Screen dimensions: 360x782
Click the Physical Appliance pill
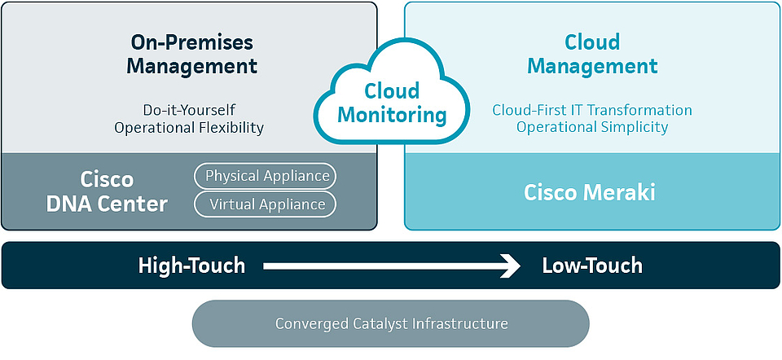(x=265, y=176)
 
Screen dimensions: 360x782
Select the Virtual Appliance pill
(x=265, y=204)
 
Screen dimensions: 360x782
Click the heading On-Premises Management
(x=192, y=54)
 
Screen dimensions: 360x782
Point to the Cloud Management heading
(x=592, y=54)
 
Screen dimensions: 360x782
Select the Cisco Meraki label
(x=590, y=193)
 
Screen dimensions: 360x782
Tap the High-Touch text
(x=191, y=266)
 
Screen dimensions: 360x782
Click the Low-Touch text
(x=592, y=266)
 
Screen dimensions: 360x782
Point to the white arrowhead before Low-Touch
(x=511, y=266)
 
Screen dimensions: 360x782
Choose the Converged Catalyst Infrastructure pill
(x=391, y=323)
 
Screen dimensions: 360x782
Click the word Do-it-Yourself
(x=189, y=110)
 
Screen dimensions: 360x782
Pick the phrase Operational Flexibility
(x=189, y=128)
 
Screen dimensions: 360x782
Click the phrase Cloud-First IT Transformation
(x=592, y=110)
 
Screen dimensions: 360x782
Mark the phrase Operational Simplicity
(x=592, y=128)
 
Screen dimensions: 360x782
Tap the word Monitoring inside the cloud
(x=393, y=115)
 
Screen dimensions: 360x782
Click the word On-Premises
(x=192, y=42)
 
